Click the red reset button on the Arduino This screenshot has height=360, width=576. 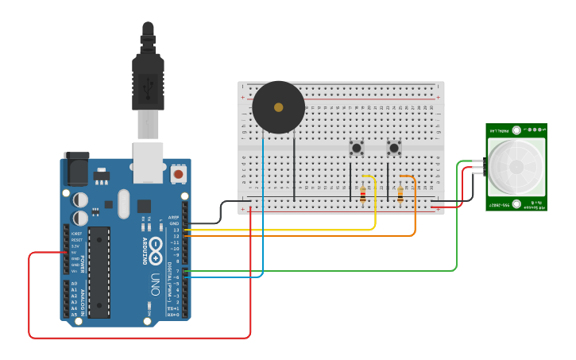pyautogui.click(x=179, y=172)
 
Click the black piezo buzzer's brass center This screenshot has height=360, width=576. pyautogui.click(x=278, y=106)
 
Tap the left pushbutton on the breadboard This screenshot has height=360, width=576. pyautogui.click(x=357, y=148)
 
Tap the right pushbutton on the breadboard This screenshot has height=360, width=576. pyautogui.click(x=393, y=148)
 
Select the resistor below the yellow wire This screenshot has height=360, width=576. pyautogui.click(x=364, y=194)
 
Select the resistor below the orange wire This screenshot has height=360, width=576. pyautogui.click(x=400, y=194)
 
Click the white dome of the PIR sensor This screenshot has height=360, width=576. pyautogui.click(x=516, y=167)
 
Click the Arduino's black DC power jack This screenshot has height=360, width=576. pyautogui.click(x=75, y=169)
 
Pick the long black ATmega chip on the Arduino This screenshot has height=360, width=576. pyautogui.click(x=99, y=270)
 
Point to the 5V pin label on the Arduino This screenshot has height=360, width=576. pyautogui.click(x=75, y=253)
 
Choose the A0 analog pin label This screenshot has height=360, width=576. pyautogui.click(x=75, y=284)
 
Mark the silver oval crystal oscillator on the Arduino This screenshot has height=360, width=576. pyautogui.click(x=122, y=203)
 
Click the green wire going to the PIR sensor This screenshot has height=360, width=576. pyautogui.click(x=457, y=230)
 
